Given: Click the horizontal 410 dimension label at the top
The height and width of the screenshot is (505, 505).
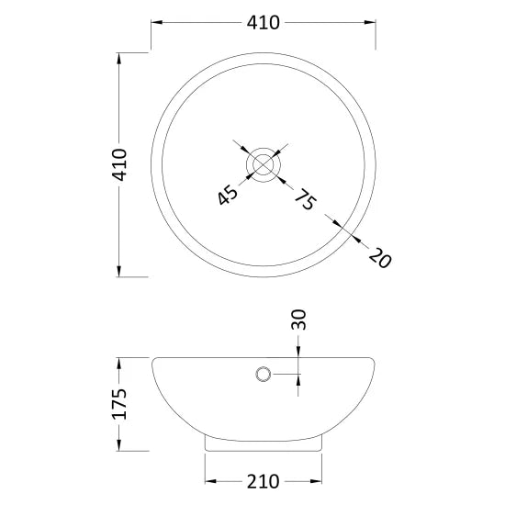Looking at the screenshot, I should (x=264, y=22).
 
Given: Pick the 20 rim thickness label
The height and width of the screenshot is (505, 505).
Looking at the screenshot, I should (x=377, y=257).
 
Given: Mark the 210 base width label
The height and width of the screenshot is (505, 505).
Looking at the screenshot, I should (x=264, y=481).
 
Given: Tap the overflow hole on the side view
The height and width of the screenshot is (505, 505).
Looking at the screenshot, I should (x=264, y=374).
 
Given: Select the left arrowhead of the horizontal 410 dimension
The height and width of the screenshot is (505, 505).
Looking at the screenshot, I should (x=156, y=22).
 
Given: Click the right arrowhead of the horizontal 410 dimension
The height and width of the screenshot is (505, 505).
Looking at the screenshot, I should (x=371, y=22).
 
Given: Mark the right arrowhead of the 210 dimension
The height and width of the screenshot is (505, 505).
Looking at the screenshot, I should (x=318, y=481).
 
